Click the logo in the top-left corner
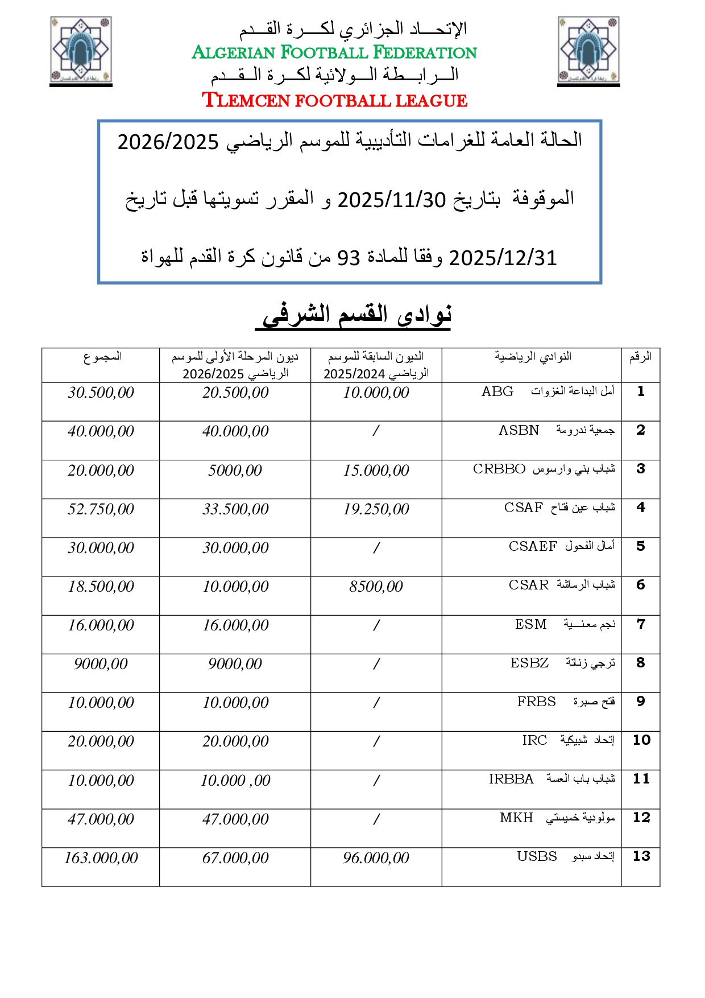(x=81, y=51)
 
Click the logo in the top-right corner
(x=588, y=51)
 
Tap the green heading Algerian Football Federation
(x=334, y=52)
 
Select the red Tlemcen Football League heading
(x=334, y=100)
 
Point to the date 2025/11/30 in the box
(x=391, y=200)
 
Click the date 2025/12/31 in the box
(x=503, y=258)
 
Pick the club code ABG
(x=497, y=391)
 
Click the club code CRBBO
(x=499, y=469)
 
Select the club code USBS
(x=537, y=856)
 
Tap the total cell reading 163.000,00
(x=101, y=858)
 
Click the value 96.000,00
(x=376, y=858)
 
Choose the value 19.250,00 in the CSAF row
(x=376, y=509)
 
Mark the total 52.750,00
(x=101, y=509)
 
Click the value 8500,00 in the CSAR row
(x=376, y=587)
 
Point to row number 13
(x=641, y=856)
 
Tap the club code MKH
(x=516, y=818)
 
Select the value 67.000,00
(x=235, y=858)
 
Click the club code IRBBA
(x=511, y=779)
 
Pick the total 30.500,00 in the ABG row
(x=101, y=393)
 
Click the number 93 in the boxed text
(x=349, y=258)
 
